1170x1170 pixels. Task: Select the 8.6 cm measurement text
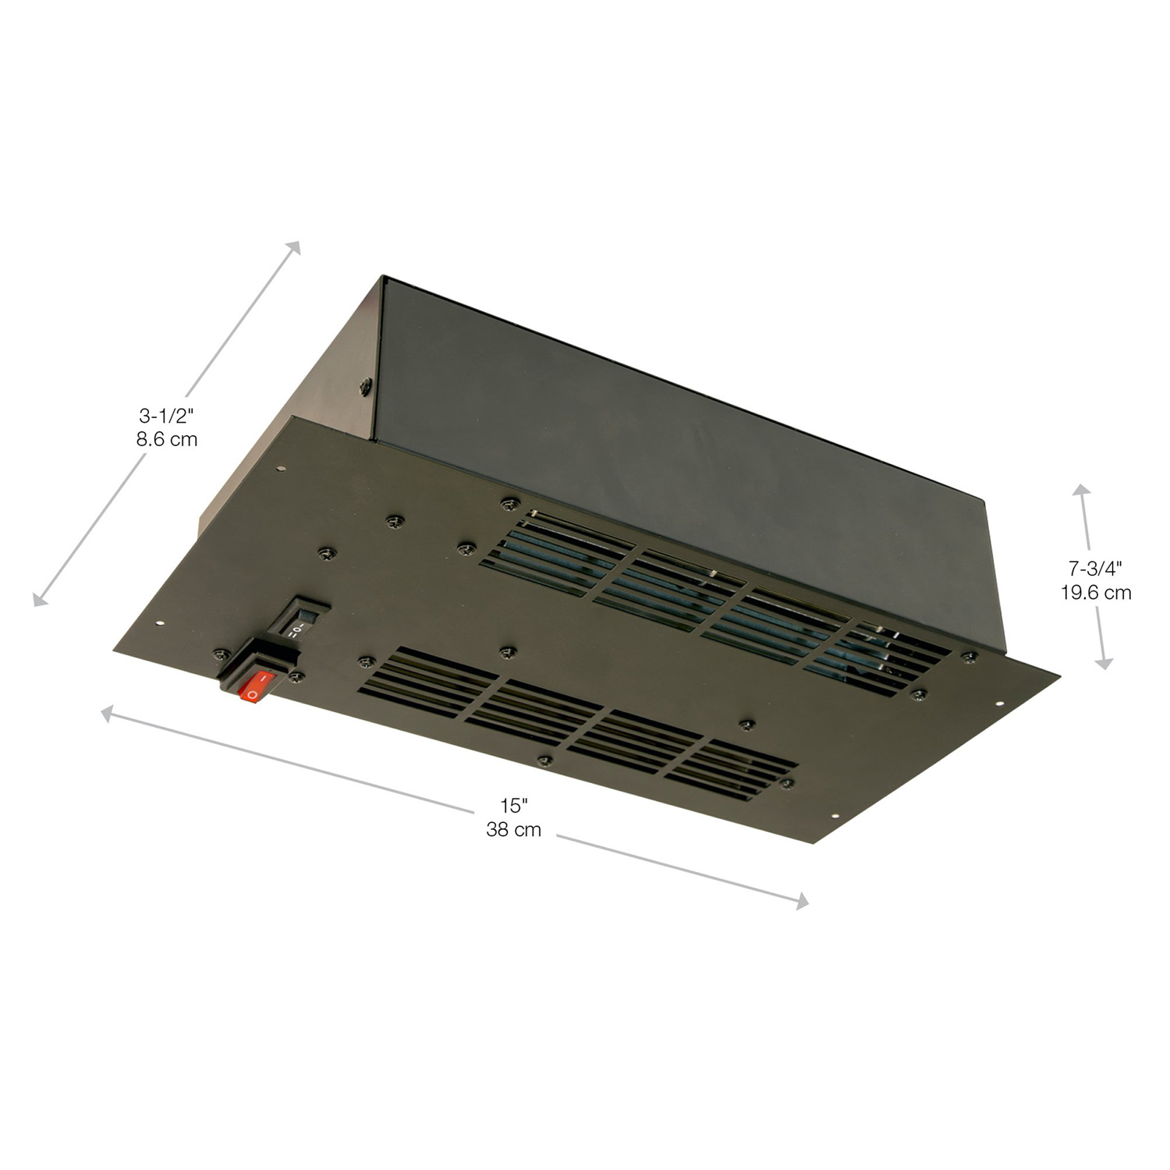click(166, 439)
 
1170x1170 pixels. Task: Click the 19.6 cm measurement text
click(1095, 593)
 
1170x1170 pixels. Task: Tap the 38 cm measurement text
click(513, 829)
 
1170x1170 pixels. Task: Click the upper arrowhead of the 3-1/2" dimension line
click(295, 247)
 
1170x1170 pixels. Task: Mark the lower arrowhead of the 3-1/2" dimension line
click(38, 599)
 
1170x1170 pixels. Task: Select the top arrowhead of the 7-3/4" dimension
click(1081, 489)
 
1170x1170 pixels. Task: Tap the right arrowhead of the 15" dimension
click(802, 903)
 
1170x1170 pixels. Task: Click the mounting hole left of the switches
click(160, 623)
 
